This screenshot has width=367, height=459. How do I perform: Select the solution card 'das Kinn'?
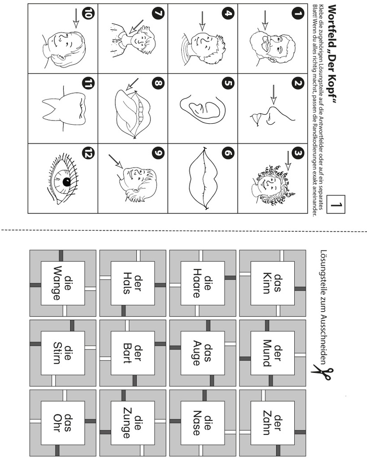[272, 283]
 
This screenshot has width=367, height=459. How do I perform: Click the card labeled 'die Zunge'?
[133, 423]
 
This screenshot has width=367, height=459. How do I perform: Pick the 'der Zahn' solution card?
[272, 423]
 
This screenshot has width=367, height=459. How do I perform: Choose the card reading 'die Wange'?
[63, 283]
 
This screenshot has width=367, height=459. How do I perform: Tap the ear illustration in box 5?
[203, 108]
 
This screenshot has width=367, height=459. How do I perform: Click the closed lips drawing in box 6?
[202, 178]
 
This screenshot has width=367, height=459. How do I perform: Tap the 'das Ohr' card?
[63, 423]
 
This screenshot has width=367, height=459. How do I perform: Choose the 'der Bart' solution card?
[133, 353]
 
